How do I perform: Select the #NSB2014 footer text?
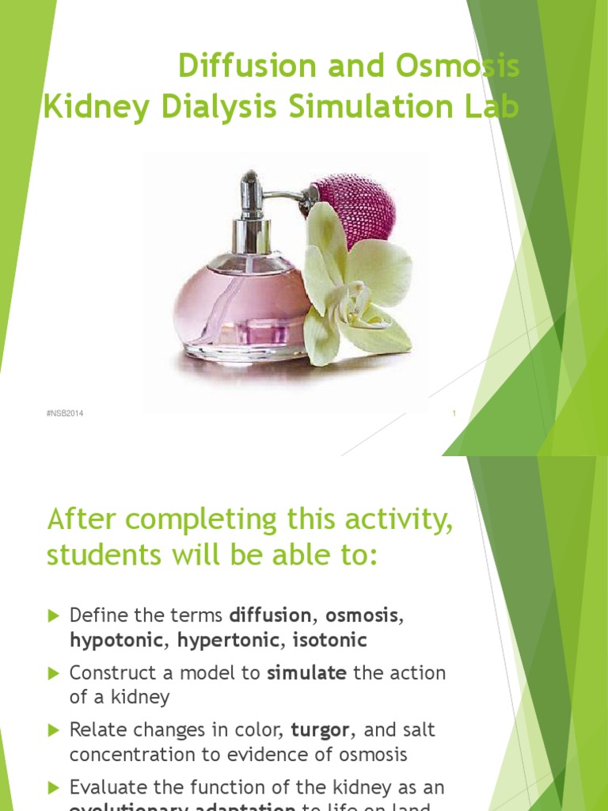(x=66, y=413)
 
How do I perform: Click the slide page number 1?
(x=454, y=413)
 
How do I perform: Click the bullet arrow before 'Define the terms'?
(x=54, y=615)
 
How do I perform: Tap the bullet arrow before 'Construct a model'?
(x=54, y=673)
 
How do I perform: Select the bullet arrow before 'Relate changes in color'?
(x=54, y=729)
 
